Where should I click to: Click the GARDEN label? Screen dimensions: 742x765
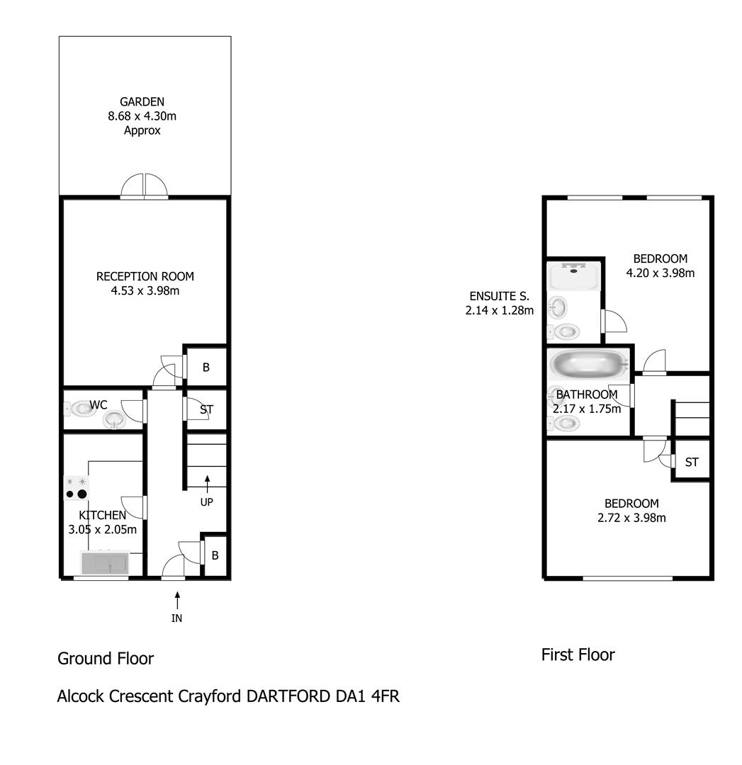(x=142, y=102)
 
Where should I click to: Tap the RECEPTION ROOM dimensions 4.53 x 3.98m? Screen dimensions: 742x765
(x=145, y=291)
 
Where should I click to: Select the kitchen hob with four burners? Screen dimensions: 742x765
(x=77, y=488)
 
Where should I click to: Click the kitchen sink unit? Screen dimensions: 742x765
(x=105, y=562)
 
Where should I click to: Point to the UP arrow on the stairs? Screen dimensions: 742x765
(x=207, y=484)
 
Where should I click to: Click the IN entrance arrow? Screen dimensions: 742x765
(x=177, y=601)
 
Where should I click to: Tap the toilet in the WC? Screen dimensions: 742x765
(x=80, y=409)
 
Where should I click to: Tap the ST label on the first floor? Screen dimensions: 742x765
(x=692, y=462)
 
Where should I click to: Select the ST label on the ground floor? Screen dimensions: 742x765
(x=206, y=410)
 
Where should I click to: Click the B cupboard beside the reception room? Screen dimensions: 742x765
(x=206, y=368)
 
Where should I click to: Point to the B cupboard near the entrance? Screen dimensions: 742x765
(x=215, y=556)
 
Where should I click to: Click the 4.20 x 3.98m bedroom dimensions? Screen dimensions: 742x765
(x=660, y=273)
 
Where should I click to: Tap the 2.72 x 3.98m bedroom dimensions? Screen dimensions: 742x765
(x=631, y=518)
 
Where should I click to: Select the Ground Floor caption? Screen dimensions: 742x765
(x=106, y=659)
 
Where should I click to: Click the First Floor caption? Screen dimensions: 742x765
(x=578, y=654)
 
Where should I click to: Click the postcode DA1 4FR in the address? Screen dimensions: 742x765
(x=367, y=696)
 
